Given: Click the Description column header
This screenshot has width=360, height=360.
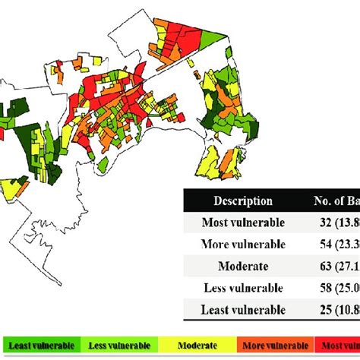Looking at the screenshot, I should point(243,201).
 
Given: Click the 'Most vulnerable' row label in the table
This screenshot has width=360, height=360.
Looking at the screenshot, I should point(243,223).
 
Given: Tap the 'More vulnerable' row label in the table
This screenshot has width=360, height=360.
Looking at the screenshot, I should point(243,245).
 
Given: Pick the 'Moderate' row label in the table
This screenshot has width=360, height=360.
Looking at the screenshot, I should point(243,267).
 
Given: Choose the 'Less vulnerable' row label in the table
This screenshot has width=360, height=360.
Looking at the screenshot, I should point(243,289).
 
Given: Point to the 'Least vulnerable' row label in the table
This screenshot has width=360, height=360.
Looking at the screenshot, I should point(243,310).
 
